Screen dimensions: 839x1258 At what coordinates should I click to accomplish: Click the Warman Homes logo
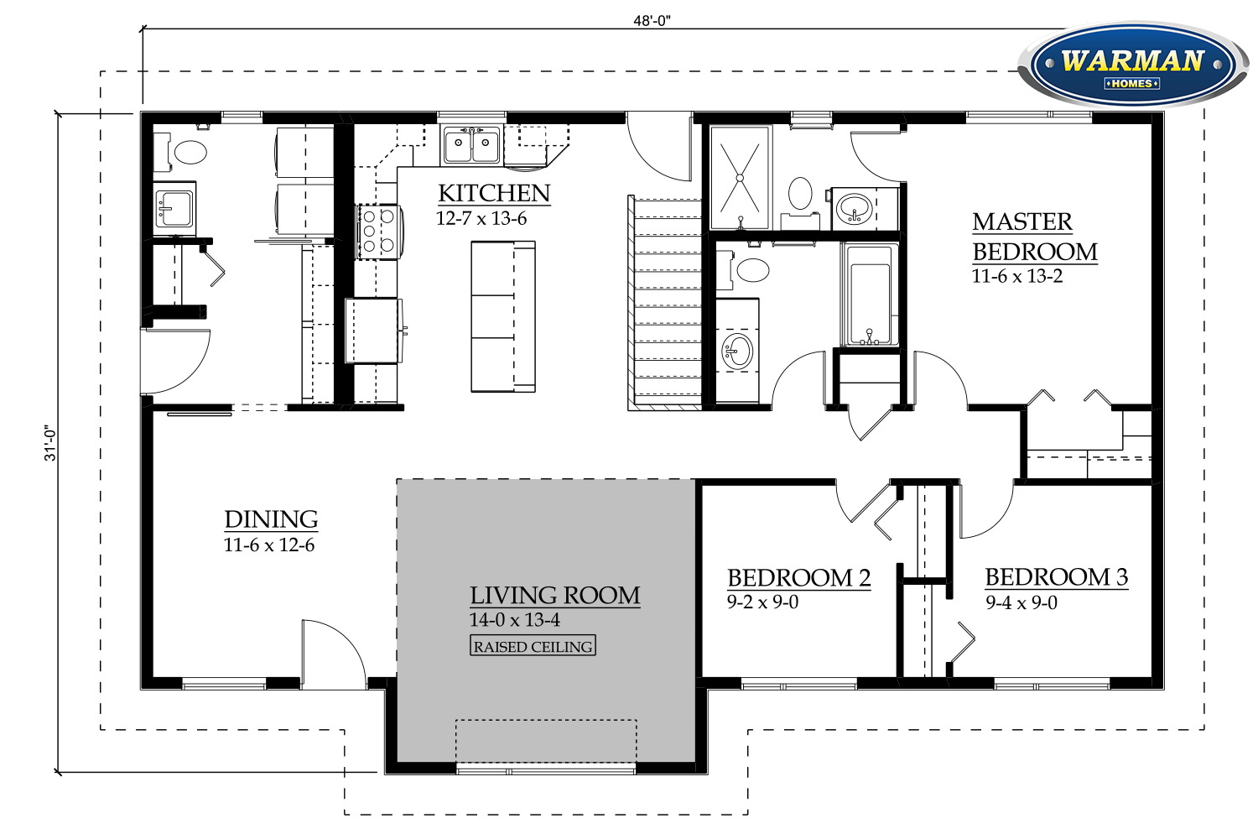(1131, 65)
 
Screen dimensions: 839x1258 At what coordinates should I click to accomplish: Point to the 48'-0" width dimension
(652, 21)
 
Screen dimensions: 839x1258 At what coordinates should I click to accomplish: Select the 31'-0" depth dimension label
(51, 443)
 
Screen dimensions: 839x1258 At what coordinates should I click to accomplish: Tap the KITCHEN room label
(494, 194)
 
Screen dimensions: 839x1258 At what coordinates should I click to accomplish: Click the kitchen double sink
(471, 145)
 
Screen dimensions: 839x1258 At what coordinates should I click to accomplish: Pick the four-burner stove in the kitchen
(377, 231)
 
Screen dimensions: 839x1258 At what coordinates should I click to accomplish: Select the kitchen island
(502, 316)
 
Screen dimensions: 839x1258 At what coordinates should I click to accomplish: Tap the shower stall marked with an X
(740, 177)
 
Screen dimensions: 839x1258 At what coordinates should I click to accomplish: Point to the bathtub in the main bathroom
(869, 295)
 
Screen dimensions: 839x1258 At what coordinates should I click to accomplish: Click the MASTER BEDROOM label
(1034, 237)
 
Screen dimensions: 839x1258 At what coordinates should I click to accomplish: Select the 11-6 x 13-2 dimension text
(1016, 277)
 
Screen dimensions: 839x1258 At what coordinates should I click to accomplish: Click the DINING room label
(271, 519)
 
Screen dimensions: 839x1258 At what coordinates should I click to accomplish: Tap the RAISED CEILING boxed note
(533, 646)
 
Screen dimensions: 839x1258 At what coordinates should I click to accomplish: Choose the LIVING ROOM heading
(554, 596)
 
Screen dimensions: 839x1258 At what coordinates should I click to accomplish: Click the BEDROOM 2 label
(798, 578)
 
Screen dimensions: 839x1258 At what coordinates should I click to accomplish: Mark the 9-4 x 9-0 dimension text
(1021, 602)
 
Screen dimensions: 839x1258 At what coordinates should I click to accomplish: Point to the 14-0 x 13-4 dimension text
(514, 620)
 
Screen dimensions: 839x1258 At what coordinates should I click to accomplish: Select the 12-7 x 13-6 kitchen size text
(481, 219)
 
